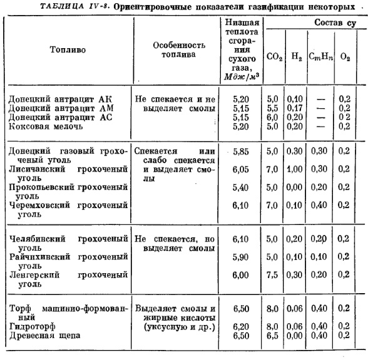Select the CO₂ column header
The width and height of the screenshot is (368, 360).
click(273, 56)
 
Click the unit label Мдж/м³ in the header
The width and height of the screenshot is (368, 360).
click(240, 77)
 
